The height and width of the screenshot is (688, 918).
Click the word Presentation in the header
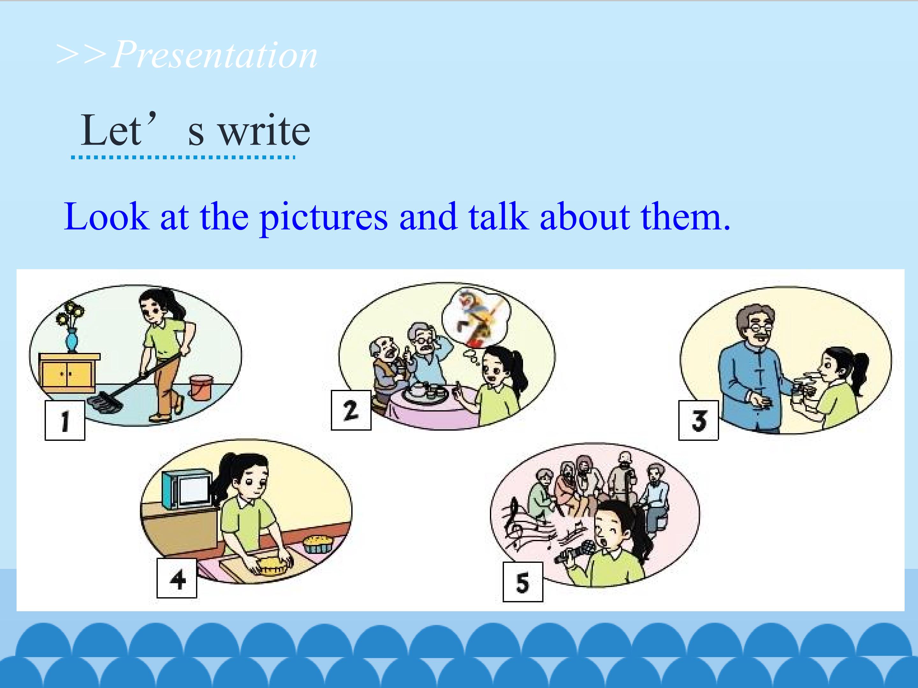[x=215, y=55]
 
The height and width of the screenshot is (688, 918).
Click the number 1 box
[x=65, y=420]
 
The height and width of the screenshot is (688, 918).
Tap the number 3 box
[x=698, y=420]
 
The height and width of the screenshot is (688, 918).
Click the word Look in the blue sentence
[x=107, y=217]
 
